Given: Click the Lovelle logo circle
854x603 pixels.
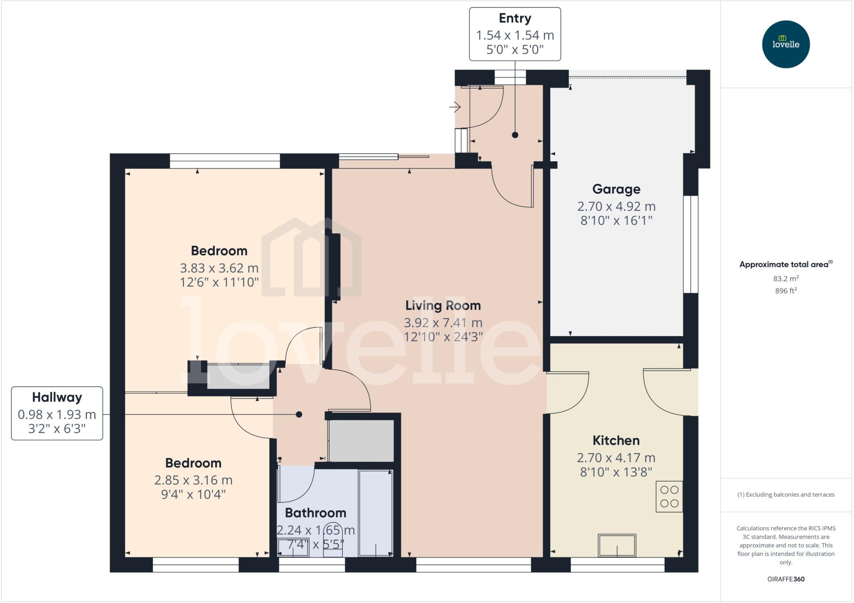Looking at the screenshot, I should pos(786,44).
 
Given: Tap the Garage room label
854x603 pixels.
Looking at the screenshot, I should pos(616,189).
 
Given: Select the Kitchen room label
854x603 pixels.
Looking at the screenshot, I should pos(616,440).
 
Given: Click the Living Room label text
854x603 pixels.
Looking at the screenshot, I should pos(443,305).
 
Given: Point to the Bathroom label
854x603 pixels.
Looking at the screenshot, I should pos(315,513).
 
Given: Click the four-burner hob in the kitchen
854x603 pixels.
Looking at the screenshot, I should pos(669,496).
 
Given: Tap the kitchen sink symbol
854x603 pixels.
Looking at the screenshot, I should pos(617,545).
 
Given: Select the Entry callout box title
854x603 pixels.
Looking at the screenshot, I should pos(515,18).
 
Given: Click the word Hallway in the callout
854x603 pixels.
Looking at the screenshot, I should pos(57,397).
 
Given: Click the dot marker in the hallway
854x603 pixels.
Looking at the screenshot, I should pos(299,414).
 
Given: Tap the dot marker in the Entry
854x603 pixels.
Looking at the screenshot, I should pos(515,135).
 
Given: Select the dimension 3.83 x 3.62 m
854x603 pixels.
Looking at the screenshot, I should pos(219,268).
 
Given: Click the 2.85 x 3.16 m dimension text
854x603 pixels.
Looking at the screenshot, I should pos(193,480).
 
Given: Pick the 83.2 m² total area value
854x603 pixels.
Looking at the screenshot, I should pos(786,278).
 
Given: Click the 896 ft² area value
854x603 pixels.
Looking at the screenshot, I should pos(786,291).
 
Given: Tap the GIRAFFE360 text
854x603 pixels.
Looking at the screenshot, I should pos(786,579).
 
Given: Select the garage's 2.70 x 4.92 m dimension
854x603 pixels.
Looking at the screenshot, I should pos(616,206).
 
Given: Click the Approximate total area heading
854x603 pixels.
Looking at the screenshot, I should pos(784,264).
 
